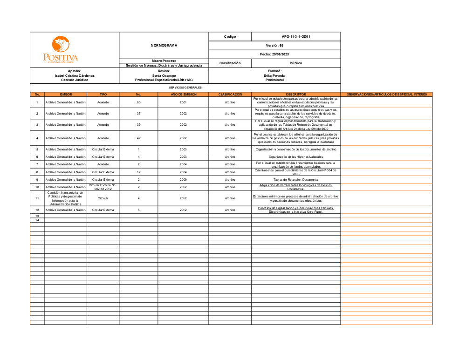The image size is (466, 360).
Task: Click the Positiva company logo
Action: tap(61, 49)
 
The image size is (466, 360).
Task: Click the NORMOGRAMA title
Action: tap(164, 45)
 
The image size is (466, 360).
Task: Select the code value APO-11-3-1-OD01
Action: tap(295, 36)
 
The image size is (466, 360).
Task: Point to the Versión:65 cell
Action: tap(274, 45)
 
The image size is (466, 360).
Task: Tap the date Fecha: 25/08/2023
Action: tap(274, 54)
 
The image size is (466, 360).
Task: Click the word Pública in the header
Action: tap(295, 63)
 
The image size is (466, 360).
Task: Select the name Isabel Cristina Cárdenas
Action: tap(75, 75)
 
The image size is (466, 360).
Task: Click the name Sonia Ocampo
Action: tap(164, 75)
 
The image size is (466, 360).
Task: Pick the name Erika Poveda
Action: tap(274, 75)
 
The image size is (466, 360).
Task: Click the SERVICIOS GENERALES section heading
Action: tap(185, 88)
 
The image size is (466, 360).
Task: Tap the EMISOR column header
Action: tap(66, 95)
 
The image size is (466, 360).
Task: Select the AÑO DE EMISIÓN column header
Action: tap(183, 95)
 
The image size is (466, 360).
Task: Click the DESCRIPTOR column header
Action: tap(295, 95)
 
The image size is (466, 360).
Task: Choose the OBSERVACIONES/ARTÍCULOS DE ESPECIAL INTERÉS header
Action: tap(386, 95)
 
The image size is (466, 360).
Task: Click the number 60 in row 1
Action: tap(138, 102)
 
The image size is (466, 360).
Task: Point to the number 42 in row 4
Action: tap(138, 138)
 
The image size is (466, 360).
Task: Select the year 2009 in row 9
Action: tap(183, 179)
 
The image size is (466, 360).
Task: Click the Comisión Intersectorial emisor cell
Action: tap(65, 198)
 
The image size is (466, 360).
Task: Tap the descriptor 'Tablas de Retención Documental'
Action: tap(295, 179)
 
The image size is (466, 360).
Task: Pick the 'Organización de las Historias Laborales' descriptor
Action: tap(295, 157)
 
